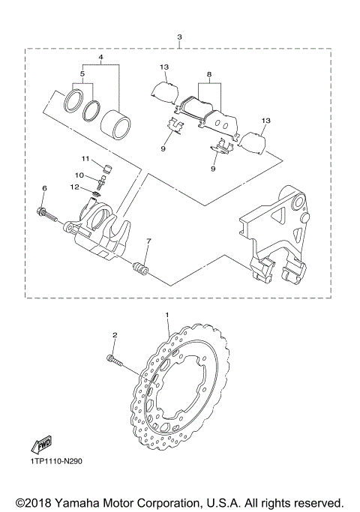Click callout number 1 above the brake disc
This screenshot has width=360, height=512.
coord(167,316)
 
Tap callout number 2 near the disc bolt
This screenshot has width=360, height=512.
coord(114,335)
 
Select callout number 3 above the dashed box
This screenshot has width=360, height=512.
coord(178,37)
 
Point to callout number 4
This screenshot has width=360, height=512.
coord(100,58)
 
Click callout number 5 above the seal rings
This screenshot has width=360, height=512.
coord(83,75)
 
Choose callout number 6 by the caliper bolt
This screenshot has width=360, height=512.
coord(44,188)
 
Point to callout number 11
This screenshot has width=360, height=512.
coord(86,158)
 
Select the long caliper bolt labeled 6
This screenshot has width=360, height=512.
coord(49,214)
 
